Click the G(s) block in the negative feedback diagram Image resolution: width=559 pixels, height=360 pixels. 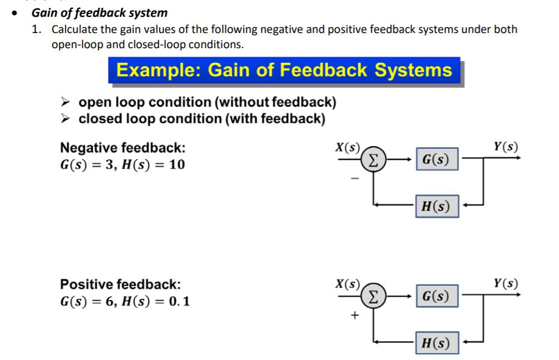(436, 160)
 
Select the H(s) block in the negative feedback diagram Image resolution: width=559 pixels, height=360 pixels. (436, 206)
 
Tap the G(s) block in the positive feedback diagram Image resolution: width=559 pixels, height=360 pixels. (436, 296)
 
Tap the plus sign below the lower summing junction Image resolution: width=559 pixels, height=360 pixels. (354, 315)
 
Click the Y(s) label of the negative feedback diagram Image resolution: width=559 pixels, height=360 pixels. (506, 147)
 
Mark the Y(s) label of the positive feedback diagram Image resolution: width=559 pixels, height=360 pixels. (506, 283)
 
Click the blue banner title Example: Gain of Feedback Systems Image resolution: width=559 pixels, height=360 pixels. (284, 71)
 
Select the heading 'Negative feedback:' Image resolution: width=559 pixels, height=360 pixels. (123, 148)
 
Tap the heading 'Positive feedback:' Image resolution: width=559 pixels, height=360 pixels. (120, 284)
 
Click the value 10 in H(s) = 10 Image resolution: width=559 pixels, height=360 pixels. (176, 165)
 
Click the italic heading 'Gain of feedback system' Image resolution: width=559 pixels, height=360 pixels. (99, 12)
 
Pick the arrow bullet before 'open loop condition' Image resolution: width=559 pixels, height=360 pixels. (66, 102)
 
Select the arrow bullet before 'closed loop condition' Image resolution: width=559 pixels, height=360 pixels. (66, 119)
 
